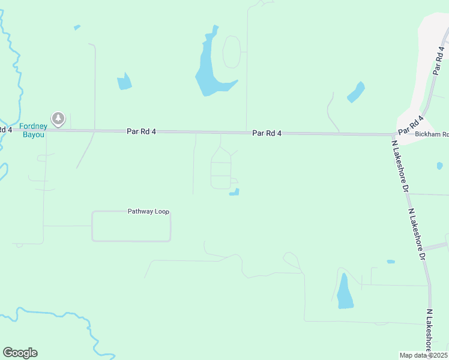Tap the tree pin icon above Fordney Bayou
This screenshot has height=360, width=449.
[58, 119]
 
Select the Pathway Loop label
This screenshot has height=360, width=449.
[148, 211]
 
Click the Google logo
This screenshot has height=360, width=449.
[20, 353]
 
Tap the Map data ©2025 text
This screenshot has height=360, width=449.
[424, 355]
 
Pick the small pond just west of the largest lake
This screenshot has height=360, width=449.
[124, 82]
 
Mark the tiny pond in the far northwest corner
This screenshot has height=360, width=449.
[77, 27]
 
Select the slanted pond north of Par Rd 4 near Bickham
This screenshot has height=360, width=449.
[356, 92]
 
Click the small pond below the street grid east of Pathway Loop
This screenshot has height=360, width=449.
[235, 192]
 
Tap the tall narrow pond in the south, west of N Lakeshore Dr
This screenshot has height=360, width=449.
[345, 292]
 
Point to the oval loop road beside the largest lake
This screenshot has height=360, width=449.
[232, 52]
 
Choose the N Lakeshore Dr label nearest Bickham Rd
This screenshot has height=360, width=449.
[400, 166]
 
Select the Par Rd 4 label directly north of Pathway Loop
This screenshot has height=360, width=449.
[142, 131]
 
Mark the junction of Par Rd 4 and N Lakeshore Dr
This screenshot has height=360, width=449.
[392, 135]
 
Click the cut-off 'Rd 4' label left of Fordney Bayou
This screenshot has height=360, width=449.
[5, 130]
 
